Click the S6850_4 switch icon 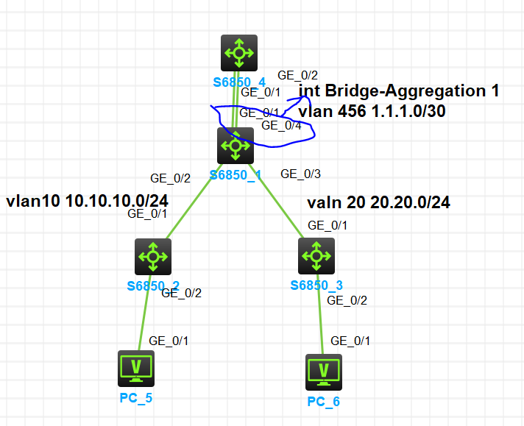[239, 53]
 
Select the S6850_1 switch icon [236, 146]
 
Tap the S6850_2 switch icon [153, 257]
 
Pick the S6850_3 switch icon [316, 256]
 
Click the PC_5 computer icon [136, 369]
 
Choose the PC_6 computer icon [324, 372]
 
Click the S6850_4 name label [239, 82]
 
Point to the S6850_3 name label [316, 285]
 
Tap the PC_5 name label [136, 398]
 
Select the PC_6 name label [324, 402]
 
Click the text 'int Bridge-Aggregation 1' [399, 90]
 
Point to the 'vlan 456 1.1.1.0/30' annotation [372, 111]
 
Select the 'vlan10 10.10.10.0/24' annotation [88, 201]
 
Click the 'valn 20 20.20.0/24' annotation [378, 202]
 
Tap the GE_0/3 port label [300, 174]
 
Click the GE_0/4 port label [281, 125]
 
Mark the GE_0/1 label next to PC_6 [350, 341]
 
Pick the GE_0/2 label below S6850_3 [347, 300]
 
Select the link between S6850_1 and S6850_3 [276, 201]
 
